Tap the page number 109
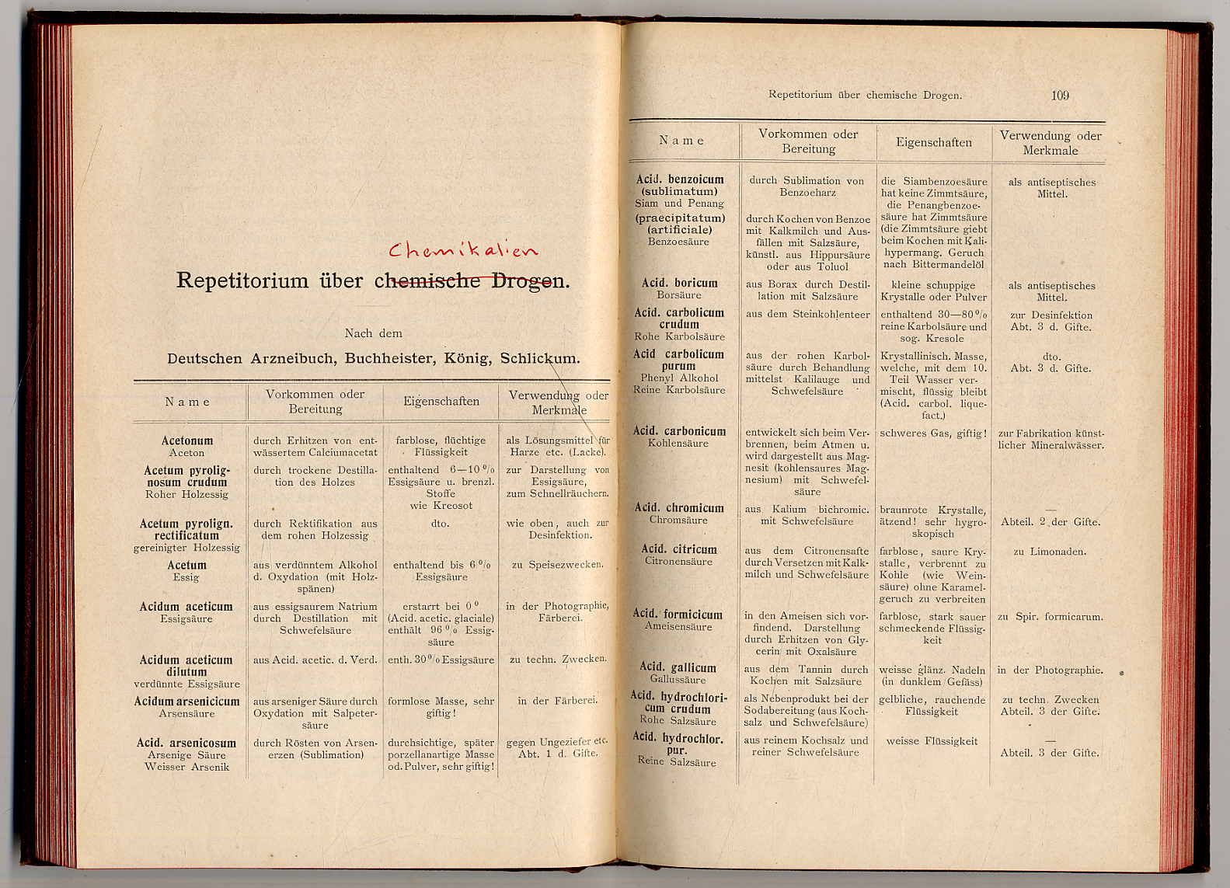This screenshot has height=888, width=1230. [x=1060, y=96]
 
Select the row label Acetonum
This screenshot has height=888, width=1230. [x=186, y=441]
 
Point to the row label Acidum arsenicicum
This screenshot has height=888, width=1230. [x=186, y=701]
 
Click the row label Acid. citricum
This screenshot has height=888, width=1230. [x=679, y=549]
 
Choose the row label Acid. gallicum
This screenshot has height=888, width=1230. [x=678, y=667]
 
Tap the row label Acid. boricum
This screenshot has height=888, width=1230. [x=679, y=284]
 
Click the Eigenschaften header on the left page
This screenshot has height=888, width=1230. [x=441, y=402]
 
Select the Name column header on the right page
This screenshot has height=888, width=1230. [x=681, y=141]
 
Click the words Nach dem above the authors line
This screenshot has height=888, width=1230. [x=374, y=333]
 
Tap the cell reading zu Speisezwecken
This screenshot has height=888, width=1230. [x=557, y=565]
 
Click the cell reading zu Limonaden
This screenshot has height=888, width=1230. [x=1050, y=552]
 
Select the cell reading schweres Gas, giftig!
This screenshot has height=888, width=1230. [x=933, y=434]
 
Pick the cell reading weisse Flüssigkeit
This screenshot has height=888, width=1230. [x=932, y=741]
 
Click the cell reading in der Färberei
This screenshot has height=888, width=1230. [x=557, y=701]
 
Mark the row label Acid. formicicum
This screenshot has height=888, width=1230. [x=678, y=615]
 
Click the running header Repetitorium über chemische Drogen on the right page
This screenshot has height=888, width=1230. [x=865, y=96]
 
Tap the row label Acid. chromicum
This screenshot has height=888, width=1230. [x=679, y=508]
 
